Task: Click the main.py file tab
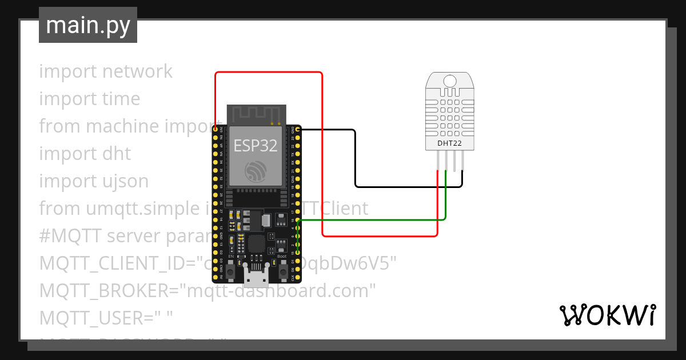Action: tap(87, 25)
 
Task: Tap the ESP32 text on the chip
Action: tap(255, 146)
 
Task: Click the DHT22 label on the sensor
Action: tap(449, 143)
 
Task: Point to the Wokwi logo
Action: tap(607, 315)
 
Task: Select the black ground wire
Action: tap(355, 160)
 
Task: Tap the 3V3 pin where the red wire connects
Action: tap(216, 130)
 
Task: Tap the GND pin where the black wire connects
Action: tap(298, 130)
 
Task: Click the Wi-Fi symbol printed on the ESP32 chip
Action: tap(255, 171)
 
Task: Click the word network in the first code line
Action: tap(137, 71)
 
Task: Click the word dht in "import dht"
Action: tap(117, 154)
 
